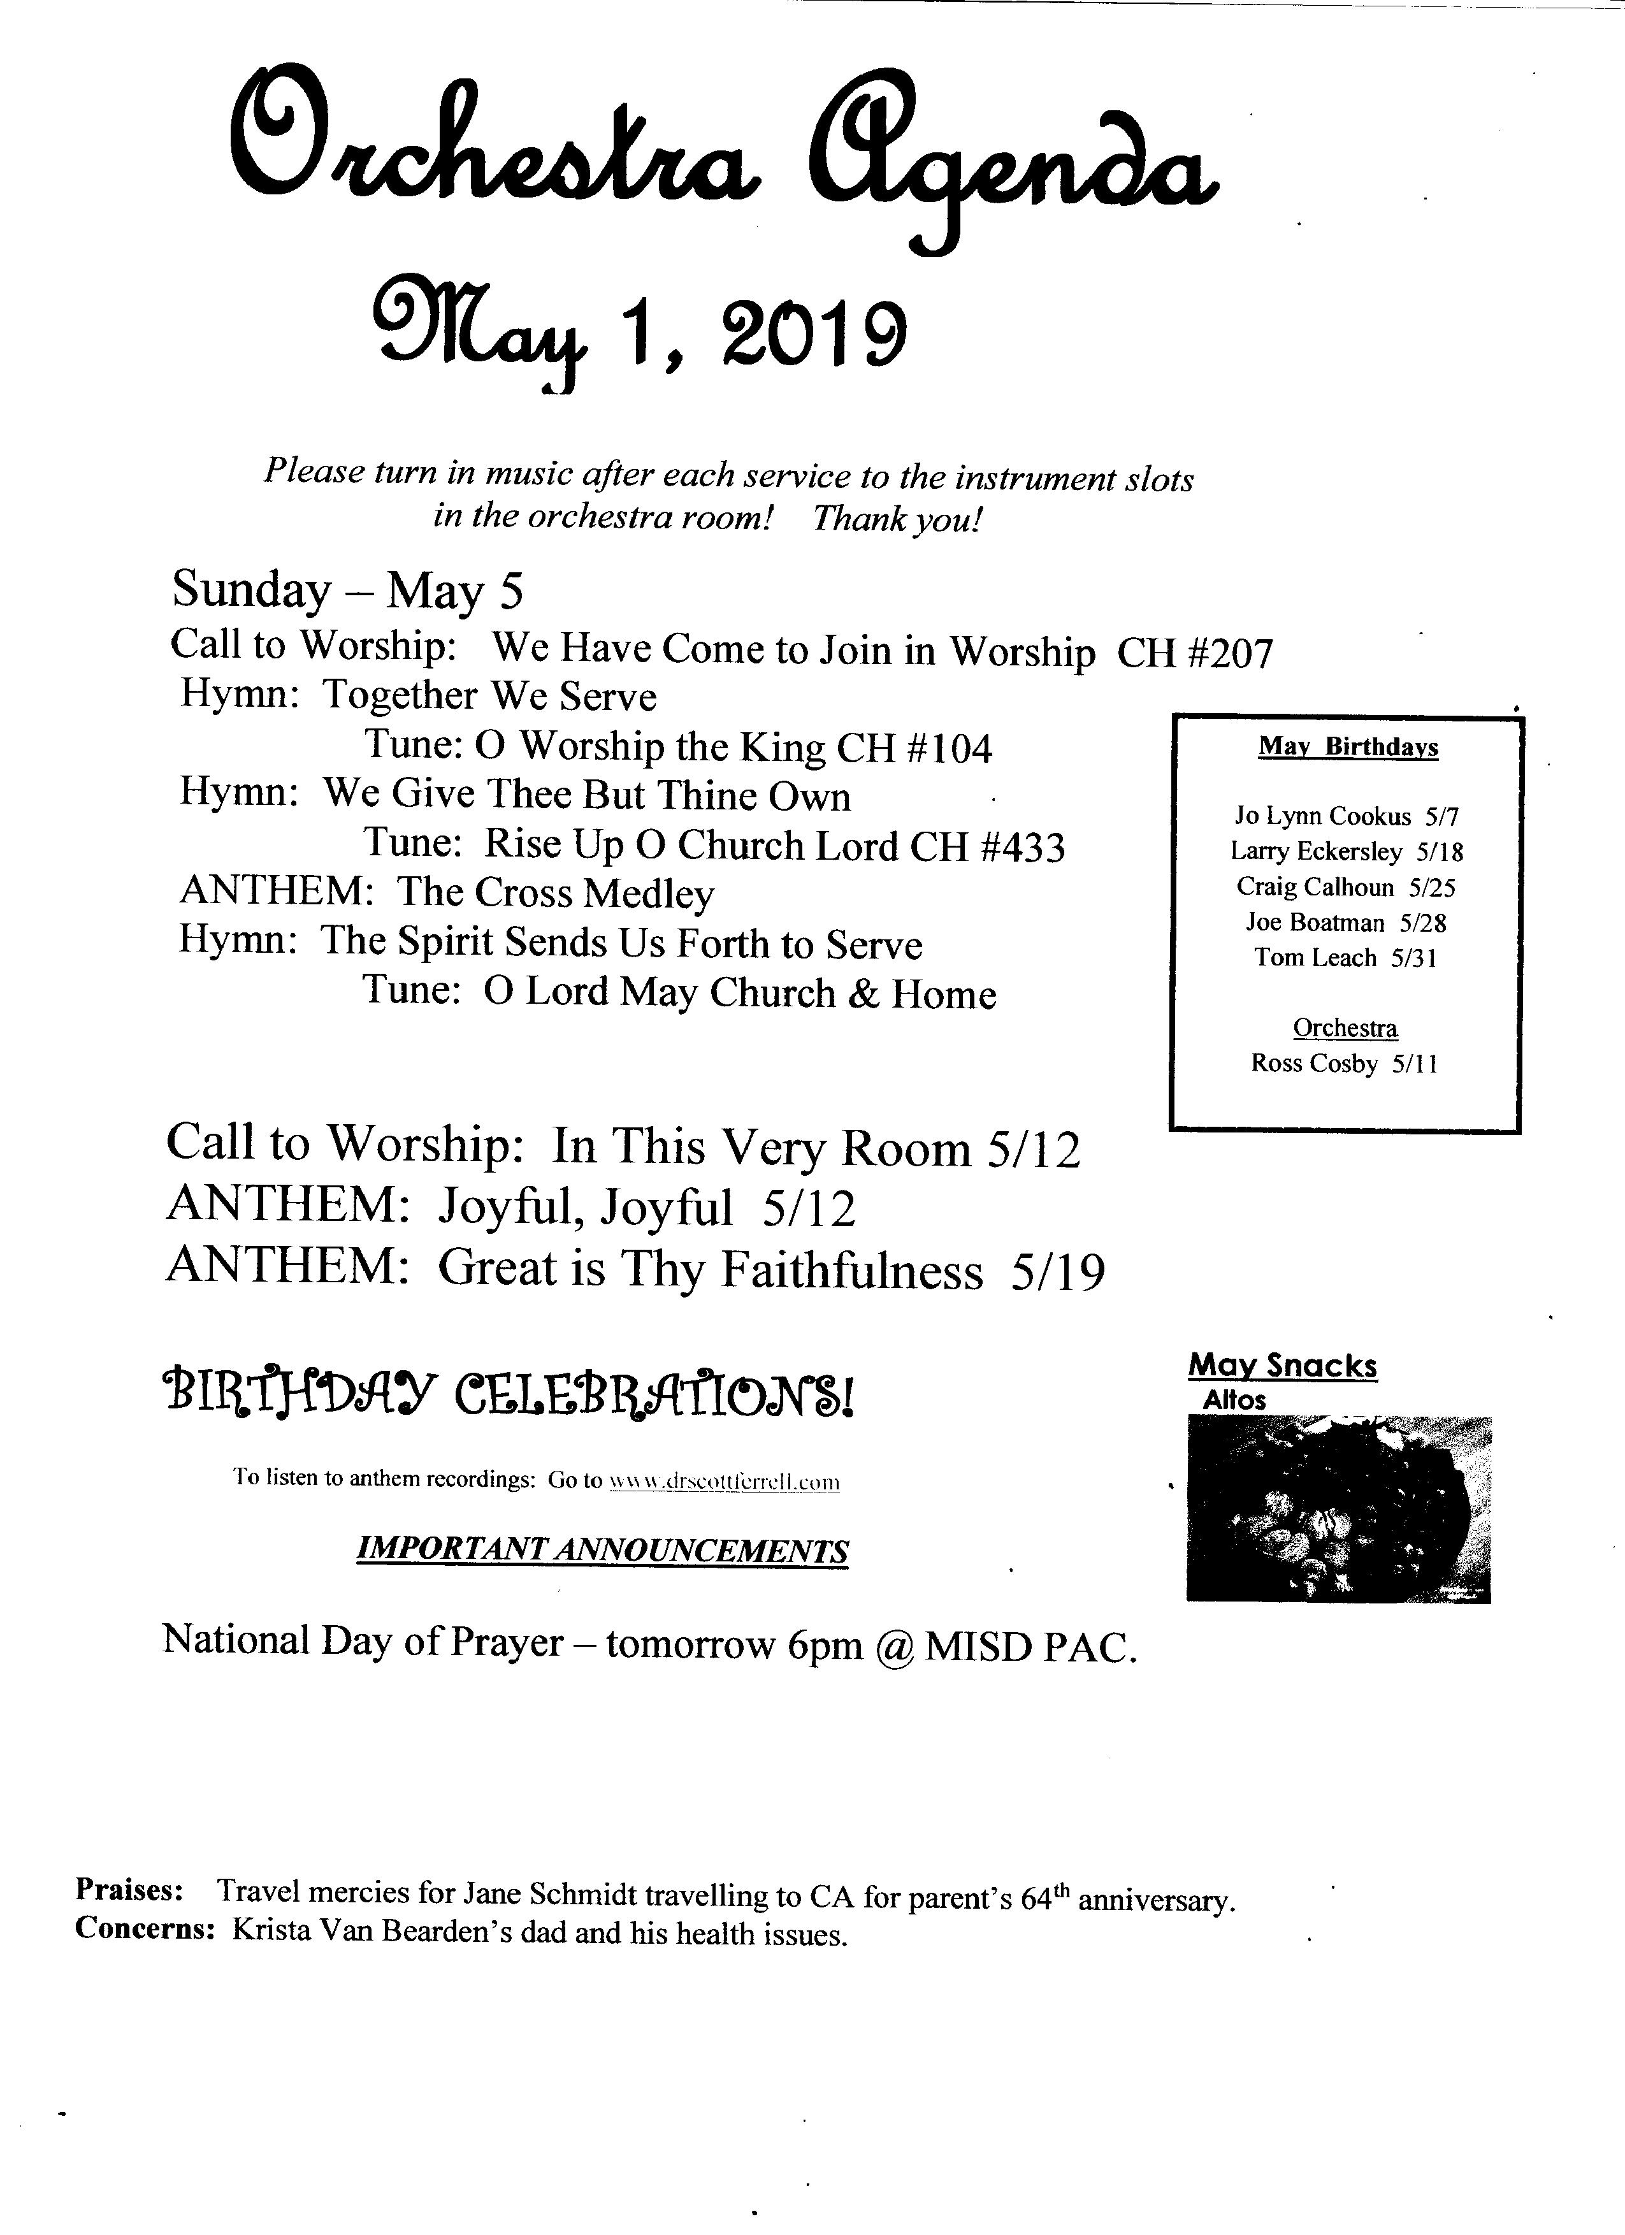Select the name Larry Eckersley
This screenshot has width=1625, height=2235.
[1315, 851]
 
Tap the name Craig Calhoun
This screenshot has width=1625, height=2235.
[1315, 887]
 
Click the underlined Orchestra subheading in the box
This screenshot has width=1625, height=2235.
[1345, 1028]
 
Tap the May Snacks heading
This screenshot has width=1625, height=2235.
[1282, 1366]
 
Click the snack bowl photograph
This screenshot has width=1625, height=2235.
[1338, 1508]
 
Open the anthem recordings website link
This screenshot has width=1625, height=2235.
[725, 1481]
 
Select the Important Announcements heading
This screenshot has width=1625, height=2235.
[601, 1551]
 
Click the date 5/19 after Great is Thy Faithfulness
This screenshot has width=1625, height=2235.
[1057, 1272]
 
